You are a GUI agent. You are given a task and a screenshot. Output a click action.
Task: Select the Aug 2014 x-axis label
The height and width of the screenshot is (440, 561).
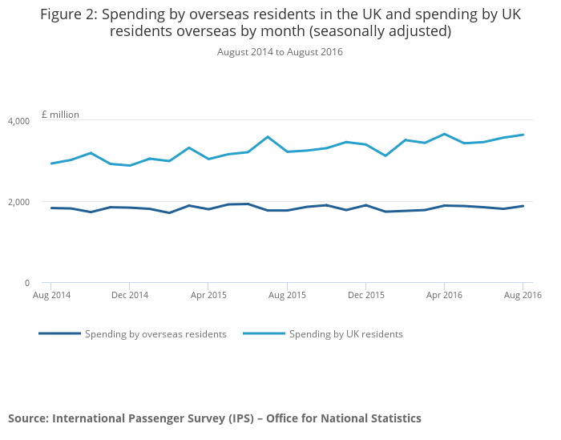point(50,295)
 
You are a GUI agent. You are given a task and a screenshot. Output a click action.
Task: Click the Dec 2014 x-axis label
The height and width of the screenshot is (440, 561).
point(129,295)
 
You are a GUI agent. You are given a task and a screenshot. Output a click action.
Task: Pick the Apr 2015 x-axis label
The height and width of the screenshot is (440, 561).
point(208,295)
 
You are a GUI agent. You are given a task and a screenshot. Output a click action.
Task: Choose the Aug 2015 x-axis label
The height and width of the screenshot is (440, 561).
point(286,295)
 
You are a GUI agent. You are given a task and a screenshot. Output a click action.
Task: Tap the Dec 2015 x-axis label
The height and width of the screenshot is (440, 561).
point(365,295)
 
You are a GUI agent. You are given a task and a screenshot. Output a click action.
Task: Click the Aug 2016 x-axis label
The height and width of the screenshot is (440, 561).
point(523,295)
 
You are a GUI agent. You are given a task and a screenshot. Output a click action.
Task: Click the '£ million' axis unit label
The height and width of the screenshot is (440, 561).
point(60,115)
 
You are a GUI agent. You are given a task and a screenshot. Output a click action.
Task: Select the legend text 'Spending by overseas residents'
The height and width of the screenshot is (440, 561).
point(155,334)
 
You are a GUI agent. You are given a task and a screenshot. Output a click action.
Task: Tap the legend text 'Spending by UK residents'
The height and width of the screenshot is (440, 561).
point(345,334)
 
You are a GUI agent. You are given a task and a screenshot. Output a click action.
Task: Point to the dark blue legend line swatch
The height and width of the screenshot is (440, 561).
point(60,333)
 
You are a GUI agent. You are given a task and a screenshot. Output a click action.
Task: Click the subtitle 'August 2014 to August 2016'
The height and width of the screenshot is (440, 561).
point(280,52)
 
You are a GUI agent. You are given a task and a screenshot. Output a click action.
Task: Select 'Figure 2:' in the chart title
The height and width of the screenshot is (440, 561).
point(68,14)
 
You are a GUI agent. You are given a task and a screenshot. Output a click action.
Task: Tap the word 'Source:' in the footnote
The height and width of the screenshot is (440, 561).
point(30,418)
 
